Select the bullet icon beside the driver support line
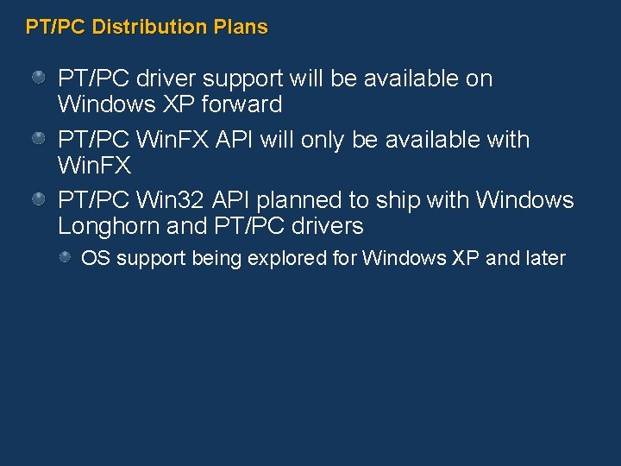click(40, 79)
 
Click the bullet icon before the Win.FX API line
click(40, 139)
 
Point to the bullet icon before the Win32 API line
click(40, 199)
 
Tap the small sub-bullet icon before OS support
click(66, 257)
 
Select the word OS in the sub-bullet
click(96, 258)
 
